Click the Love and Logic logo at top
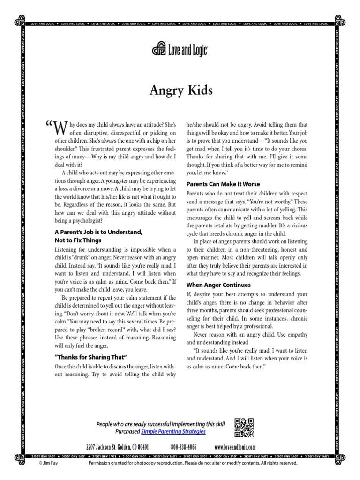click(180, 49)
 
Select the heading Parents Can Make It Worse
click(223, 184)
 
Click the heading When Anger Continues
click(218, 285)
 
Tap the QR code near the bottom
click(244, 427)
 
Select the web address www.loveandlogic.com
click(235, 447)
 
